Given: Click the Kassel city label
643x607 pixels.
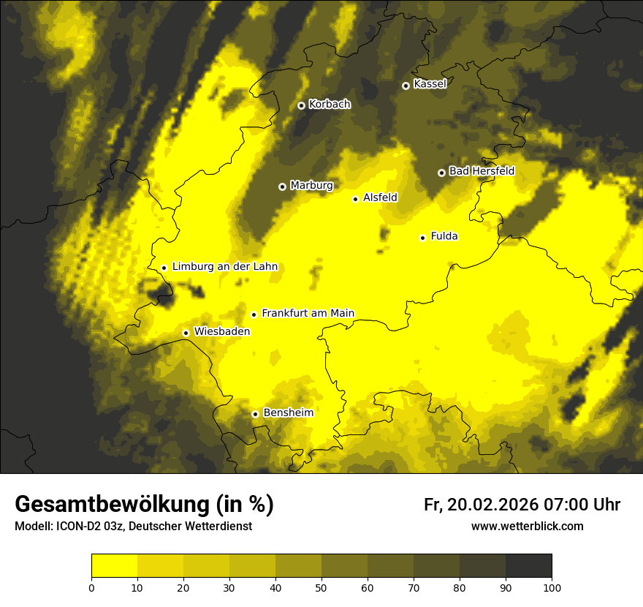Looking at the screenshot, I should [430, 84].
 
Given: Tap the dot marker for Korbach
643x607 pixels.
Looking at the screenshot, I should [301, 105].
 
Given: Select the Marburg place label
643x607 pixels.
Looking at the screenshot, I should [311, 186].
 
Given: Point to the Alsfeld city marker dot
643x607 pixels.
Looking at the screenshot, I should [355, 199].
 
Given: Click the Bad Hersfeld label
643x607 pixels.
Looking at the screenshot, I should [482, 171].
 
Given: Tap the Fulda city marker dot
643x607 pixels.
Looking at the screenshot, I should [422, 238].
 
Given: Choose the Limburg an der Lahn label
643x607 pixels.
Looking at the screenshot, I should [225, 267].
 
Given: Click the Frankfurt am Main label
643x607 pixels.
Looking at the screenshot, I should [308, 314].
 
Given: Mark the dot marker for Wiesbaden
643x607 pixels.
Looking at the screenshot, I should [186, 333].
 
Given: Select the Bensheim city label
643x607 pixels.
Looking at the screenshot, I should [288, 413].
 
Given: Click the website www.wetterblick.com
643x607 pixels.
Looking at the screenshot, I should [527, 526].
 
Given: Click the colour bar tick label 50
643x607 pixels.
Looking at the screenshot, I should [321, 587].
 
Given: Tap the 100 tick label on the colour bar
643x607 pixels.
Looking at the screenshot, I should [552, 587].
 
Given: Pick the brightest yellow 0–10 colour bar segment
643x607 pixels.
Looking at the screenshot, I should [114, 566].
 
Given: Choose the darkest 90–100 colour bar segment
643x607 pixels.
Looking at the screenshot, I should [528, 566].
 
